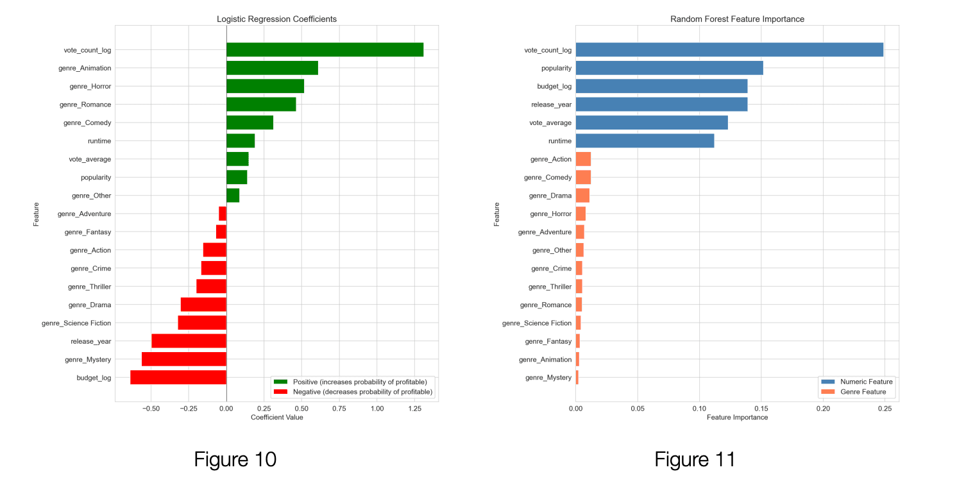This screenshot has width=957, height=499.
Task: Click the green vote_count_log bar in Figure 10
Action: click(x=325, y=49)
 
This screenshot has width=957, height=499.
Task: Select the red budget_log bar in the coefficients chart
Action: click(x=178, y=377)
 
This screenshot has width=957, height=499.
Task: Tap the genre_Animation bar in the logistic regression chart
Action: click(x=272, y=68)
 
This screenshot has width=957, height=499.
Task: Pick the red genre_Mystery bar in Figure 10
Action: click(x=184, y=359)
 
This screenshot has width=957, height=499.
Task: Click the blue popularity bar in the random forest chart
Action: click(x=669, y=68)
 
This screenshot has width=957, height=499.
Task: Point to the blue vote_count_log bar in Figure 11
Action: click(x=729, y=49)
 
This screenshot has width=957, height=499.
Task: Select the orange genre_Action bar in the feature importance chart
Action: click(x=583, y=159)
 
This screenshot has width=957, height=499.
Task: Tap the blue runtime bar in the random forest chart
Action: click(x=645, y=141)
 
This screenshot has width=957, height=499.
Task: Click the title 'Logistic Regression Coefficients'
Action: click(x=276, y=19)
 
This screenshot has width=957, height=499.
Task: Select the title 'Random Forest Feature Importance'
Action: click(x=737, y=19)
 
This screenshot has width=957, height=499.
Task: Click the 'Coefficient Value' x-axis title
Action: click(x=276, y=418)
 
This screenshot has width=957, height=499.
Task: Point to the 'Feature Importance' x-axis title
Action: click(x=737, y=418)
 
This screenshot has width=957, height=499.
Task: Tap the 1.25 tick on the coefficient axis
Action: click(x=414, y=408)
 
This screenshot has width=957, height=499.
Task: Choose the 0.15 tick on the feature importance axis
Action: click(x=761, y=408)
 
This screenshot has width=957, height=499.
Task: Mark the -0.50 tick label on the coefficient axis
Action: click(x=151, y=408)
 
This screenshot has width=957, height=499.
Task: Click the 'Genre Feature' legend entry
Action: click(x=863, y=392)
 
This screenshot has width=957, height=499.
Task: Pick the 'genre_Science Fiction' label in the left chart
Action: click(x=76, y=323)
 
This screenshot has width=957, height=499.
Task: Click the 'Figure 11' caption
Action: click(x=695, y=459)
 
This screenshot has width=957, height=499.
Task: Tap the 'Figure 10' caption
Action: click(x=235, y=459)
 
